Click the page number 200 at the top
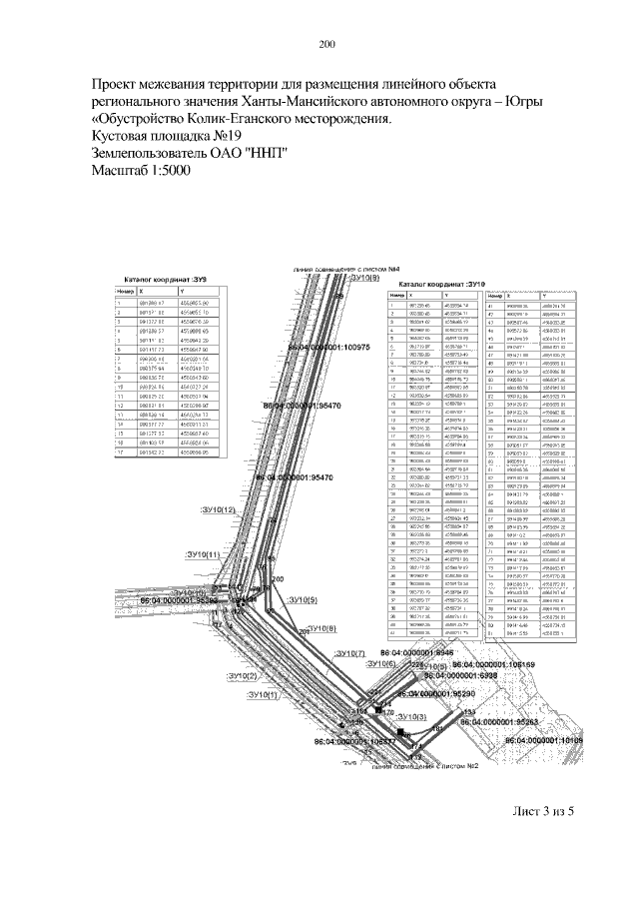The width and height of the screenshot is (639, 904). click(x=326, y=43)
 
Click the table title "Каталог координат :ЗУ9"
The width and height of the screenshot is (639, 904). click(x=165, y=279)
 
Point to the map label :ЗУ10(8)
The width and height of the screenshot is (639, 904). click(x=319, y=628)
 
